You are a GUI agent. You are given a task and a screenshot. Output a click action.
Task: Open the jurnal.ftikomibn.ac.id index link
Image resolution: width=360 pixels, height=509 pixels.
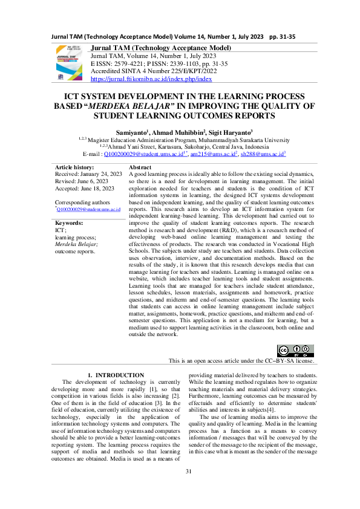pos(151,79)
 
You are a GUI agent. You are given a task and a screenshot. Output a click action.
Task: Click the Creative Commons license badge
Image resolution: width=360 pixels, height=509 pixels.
pos(295,350)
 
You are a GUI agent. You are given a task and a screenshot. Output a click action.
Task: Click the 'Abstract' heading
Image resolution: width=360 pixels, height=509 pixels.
pos(140,167)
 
